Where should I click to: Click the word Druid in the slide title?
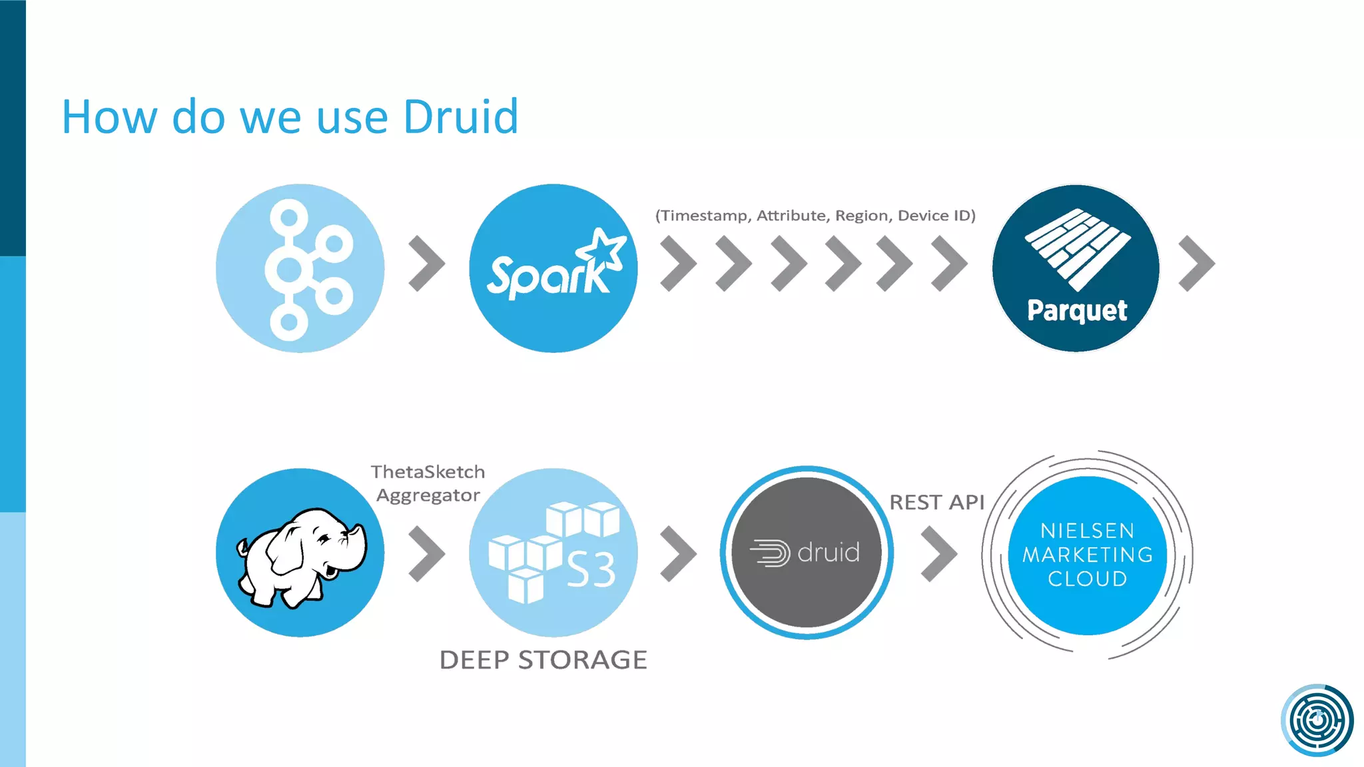tap(461, 117)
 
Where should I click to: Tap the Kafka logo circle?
tap(300, 268)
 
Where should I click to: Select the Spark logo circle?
tap(553, 268)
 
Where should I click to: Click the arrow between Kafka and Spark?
tap(426, 264)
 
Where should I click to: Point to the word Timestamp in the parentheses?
tap(705, 216)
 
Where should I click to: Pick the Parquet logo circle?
tap(1076, 268)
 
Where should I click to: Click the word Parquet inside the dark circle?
tap(1077, 310)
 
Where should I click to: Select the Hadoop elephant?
tap(301, 556)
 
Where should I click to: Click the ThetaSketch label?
tap(428, 472)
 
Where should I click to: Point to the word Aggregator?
tap(428, 495)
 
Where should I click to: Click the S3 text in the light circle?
tap(591, 570)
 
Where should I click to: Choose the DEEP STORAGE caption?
tap(543, 660)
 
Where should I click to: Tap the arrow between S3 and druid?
tap(678, 554)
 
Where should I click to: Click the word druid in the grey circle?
tap(828, 553)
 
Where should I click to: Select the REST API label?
tap(936, 502)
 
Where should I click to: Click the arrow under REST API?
tap(939, 554)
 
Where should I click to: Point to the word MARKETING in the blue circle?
tap(1088, 555)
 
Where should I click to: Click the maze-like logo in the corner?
tap(1317, 720)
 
